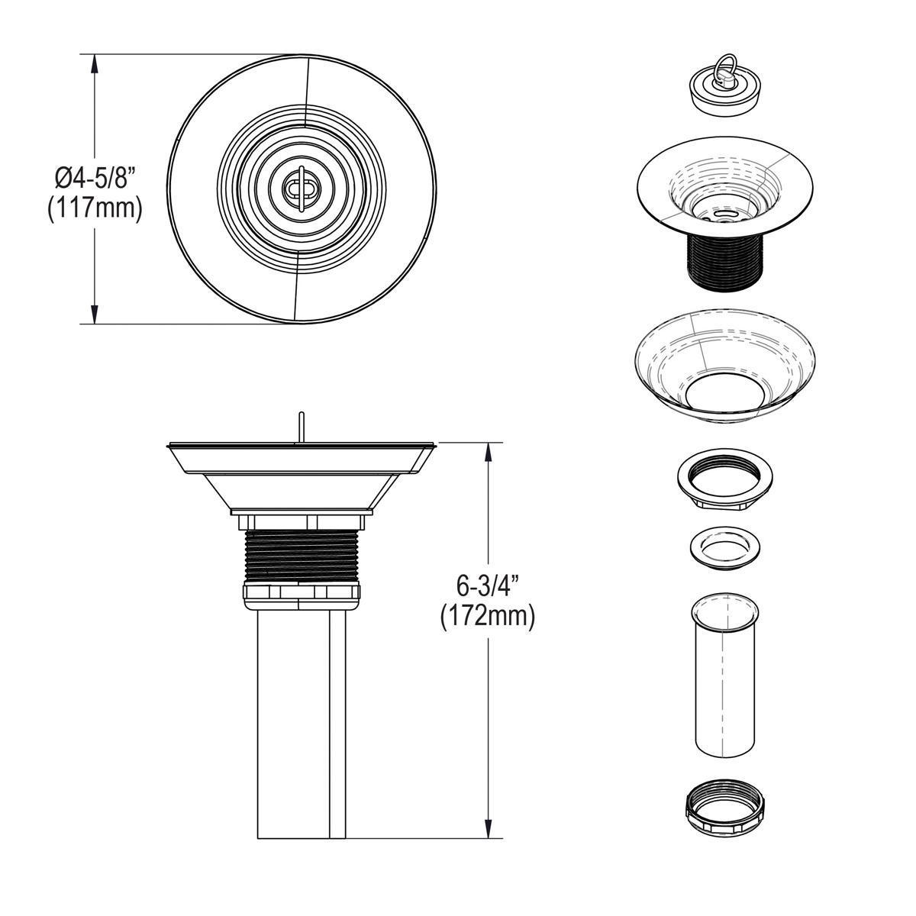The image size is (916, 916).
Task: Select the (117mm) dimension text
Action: click(x=95, y=208)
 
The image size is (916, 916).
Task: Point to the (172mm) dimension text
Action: click(x=487, y=616)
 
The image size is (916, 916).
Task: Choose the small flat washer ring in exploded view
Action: click(x=721, y=547)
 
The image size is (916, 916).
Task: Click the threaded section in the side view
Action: click(x=301, y=556)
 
